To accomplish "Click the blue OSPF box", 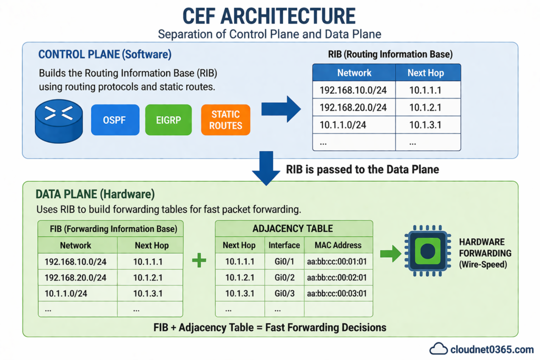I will [115, 120].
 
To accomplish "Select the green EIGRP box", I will [168, 120].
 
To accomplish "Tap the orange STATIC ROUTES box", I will [225, 120].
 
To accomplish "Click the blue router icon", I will [59, 121].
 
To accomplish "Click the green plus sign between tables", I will [199, 260].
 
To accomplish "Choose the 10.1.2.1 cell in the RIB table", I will [428, 108].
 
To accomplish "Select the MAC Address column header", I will [337, 245].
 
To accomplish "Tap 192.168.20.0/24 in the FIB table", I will [75, 277].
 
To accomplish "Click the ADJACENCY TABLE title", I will [293, 228].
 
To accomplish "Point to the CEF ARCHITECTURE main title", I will [269, 16].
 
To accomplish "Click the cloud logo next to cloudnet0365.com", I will [438, 348].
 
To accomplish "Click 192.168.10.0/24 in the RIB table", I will [353, 90].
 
